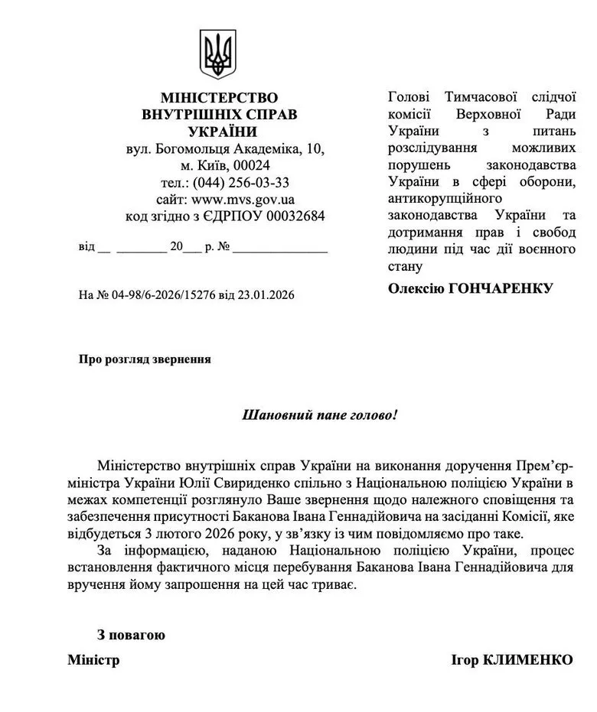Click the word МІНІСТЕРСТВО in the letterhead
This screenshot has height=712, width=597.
click(220, 98)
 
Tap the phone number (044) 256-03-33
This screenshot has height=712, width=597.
click(241, 182)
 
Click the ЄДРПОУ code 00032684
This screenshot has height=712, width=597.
click(295, 216)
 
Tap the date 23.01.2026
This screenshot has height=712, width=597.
click(267, 294)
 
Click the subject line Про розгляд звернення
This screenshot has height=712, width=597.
click(145, 359)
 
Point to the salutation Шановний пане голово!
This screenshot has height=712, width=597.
click(320, 416)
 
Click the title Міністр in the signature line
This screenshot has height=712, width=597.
click(93, 660)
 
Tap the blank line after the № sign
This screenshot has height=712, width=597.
click(280, 249)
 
